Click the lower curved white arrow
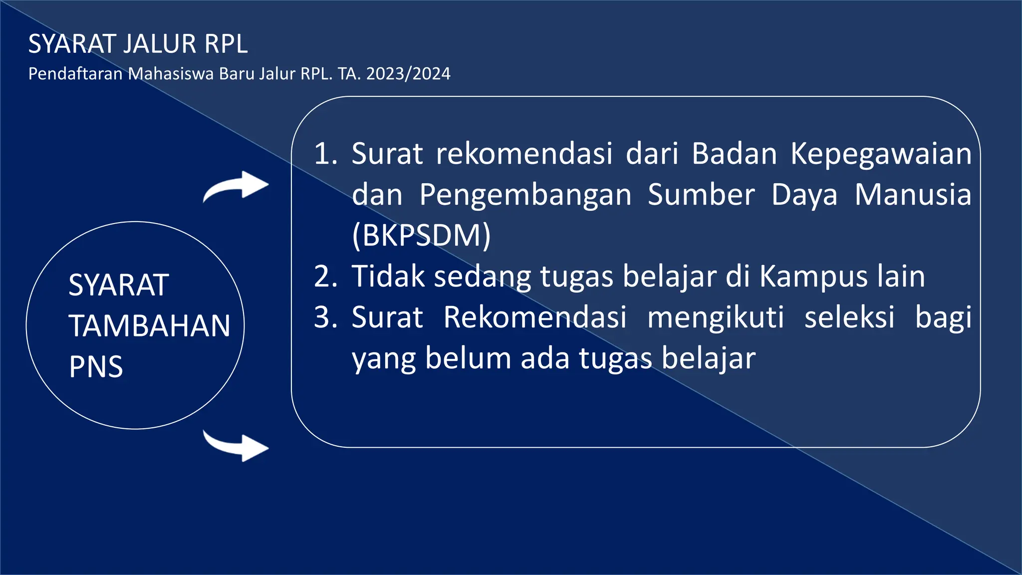[237, 445]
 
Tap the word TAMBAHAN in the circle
[150, 326]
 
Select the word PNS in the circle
[96, 367]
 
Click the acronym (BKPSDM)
[422, 235]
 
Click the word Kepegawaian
[881, 154]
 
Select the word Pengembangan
[525, 195]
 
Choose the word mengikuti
[716, 317]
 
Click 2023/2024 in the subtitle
[408, 74]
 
